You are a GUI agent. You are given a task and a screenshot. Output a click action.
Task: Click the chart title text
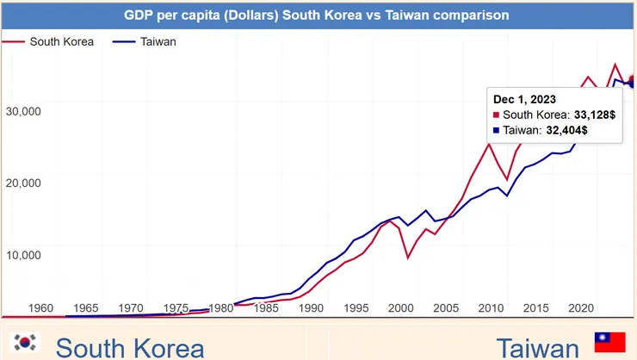(316, 16)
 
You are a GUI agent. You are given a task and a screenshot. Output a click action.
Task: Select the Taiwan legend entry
(157, 41)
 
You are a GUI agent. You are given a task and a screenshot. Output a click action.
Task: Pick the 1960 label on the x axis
(40, 307)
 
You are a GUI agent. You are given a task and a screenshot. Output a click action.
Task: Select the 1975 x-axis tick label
(176, 307)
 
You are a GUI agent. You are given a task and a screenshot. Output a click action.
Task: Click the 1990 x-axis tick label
(311, 307)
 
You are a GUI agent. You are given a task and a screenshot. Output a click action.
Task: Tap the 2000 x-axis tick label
(401, 307)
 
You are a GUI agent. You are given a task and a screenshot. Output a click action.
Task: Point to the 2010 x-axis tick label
(491, 307)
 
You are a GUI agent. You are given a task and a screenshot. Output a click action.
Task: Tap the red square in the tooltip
(497, 115)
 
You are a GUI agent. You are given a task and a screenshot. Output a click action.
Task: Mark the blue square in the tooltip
(497, 130)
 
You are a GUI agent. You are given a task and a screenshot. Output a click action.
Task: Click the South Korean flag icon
(26, 342)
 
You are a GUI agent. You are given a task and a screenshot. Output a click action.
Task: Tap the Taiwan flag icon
(609, 342)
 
